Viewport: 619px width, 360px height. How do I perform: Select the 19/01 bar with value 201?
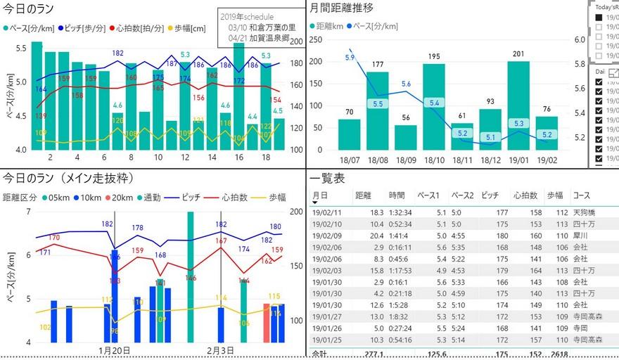click(x=518, y=105)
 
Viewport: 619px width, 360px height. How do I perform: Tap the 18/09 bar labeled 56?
click(x=405, y=137)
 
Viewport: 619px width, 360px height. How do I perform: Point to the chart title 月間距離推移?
click(x=342, y=8)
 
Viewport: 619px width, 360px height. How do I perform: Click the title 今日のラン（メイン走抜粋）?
click(x=69, y=178)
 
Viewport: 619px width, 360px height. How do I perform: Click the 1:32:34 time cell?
click(x=402, y=212)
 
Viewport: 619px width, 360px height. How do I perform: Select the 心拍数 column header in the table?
click(x=525, y=195)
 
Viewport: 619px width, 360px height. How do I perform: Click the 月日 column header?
click(x=320, y=195)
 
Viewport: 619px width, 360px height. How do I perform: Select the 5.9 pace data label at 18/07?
click(x=350, y=57)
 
